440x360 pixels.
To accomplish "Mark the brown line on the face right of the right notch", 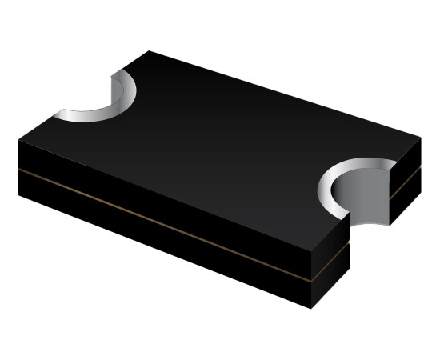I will click(405, 186).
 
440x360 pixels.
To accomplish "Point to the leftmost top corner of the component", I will click(18, 140).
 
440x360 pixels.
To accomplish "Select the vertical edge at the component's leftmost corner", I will click(18, 168).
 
